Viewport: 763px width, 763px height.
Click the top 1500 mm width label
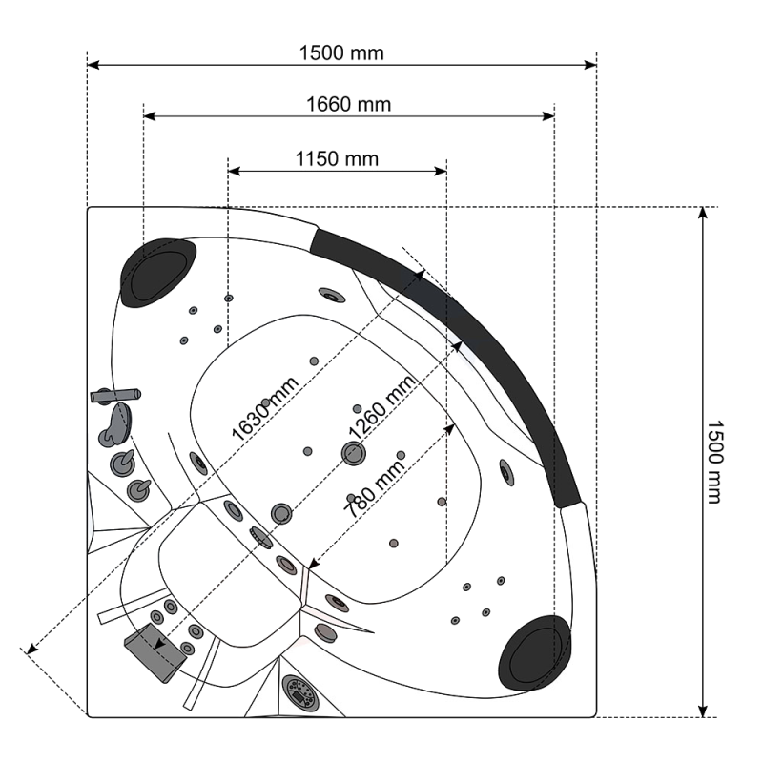[x=341, y=53]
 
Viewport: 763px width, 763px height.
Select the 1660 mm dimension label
[x=348, y=105]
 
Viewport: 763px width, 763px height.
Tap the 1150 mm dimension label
[x=337, y=159]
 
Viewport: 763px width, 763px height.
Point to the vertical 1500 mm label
[x=714, y=462]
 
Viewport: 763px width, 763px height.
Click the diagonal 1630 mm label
[x=265, y=409]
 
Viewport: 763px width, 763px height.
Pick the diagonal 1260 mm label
[x=382, y=407]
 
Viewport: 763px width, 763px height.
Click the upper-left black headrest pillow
[x=157, y=272]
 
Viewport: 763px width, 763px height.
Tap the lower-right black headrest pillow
[x=535, y=652]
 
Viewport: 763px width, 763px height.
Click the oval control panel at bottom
[x=299, y=691]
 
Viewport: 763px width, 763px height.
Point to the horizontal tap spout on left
[x=115, y=395]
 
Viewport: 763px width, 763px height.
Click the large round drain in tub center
[x=353, y=453]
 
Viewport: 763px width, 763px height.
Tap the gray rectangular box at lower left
[x=155, y=652]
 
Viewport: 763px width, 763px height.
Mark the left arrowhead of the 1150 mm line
[x=234, y=171]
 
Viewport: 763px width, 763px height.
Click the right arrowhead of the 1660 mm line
[x=548, y=116]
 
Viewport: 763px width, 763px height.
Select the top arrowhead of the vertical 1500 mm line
[x=702, y=213]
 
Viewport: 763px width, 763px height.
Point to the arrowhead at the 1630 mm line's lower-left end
[x=31, y=649]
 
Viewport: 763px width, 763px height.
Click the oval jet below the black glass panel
[x=506, y=472]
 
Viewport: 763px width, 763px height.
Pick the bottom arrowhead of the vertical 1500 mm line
[x=702, y=711]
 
